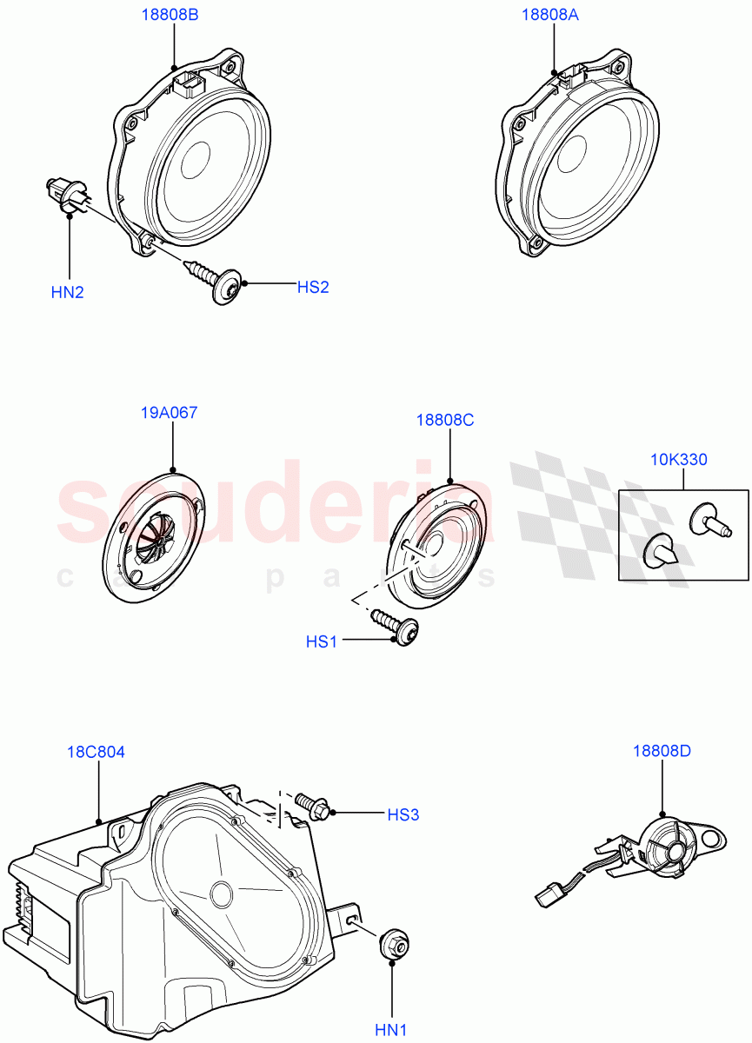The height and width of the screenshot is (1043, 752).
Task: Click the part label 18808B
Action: (x=170, y=15)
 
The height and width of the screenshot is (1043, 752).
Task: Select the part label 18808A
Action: (x=550, y=15)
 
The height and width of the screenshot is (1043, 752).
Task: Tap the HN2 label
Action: (x=68, y=292)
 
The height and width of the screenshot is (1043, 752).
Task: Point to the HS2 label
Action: (x=313, y=287)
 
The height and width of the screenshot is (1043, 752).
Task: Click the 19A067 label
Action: (x=169, y=413)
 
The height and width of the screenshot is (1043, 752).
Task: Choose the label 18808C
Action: (x=445, y=420)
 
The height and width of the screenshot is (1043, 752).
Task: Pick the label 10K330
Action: (x=678, y=460)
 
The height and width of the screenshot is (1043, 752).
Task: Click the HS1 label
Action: (x=322, y=642)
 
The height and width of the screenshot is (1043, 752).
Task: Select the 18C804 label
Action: (x=96, y=752)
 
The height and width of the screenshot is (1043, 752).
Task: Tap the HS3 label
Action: (x=403, y=815)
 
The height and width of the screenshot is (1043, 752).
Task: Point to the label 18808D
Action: (x=662, y=751)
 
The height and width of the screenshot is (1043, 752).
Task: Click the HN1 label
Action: (x=391, y=1030)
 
